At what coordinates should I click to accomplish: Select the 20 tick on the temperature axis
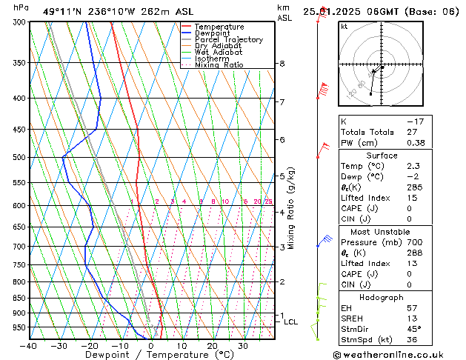pyautogui.click(x=212, y=345)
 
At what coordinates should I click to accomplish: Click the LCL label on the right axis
pyautogui.click(x=291, y=322)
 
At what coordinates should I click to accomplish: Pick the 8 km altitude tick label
pyautogui.click(x=282, y=64)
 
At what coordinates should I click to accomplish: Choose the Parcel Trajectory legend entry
pyautogui.click(x=228, y=39)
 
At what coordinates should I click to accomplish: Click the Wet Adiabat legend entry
pyautogui.click(x=219, y=53)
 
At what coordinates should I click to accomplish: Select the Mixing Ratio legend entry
pyautogui.click(x=219, y=65)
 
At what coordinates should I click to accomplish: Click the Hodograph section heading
pyautogui.click(x=382, y=297)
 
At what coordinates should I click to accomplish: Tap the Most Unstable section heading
pyautogui.click(x=382, y=231)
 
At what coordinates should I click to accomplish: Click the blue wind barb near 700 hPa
pyautogui.click(x=324, y=240)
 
